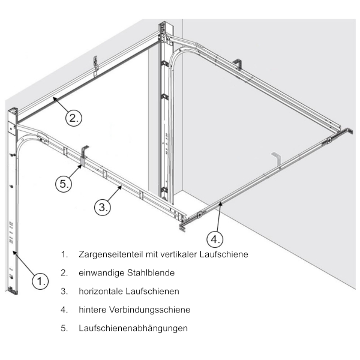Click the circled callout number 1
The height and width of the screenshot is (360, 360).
[40, 281]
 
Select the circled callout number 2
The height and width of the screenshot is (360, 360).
[74, 118]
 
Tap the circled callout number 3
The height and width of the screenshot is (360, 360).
[103, 208]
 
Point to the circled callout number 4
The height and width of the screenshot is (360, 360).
[215, 239]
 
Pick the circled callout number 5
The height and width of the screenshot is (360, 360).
[64, 184]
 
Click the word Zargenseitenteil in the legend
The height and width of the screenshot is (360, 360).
[110, 254]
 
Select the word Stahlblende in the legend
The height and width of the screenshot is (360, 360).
[151, 273]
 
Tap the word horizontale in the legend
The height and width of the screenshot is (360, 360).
[101, 291]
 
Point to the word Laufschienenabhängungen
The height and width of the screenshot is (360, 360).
[133, 328]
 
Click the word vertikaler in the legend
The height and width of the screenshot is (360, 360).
[180, 254]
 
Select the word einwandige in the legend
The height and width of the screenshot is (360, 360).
[101, 273]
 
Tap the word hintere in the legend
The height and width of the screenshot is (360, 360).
[92, 310]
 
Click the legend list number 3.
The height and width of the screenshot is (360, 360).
[64, 291]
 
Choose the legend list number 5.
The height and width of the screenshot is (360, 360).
[64, 328]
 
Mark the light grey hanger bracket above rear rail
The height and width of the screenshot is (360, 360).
[277, 158]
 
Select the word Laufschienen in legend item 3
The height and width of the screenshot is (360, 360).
[152, 291]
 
